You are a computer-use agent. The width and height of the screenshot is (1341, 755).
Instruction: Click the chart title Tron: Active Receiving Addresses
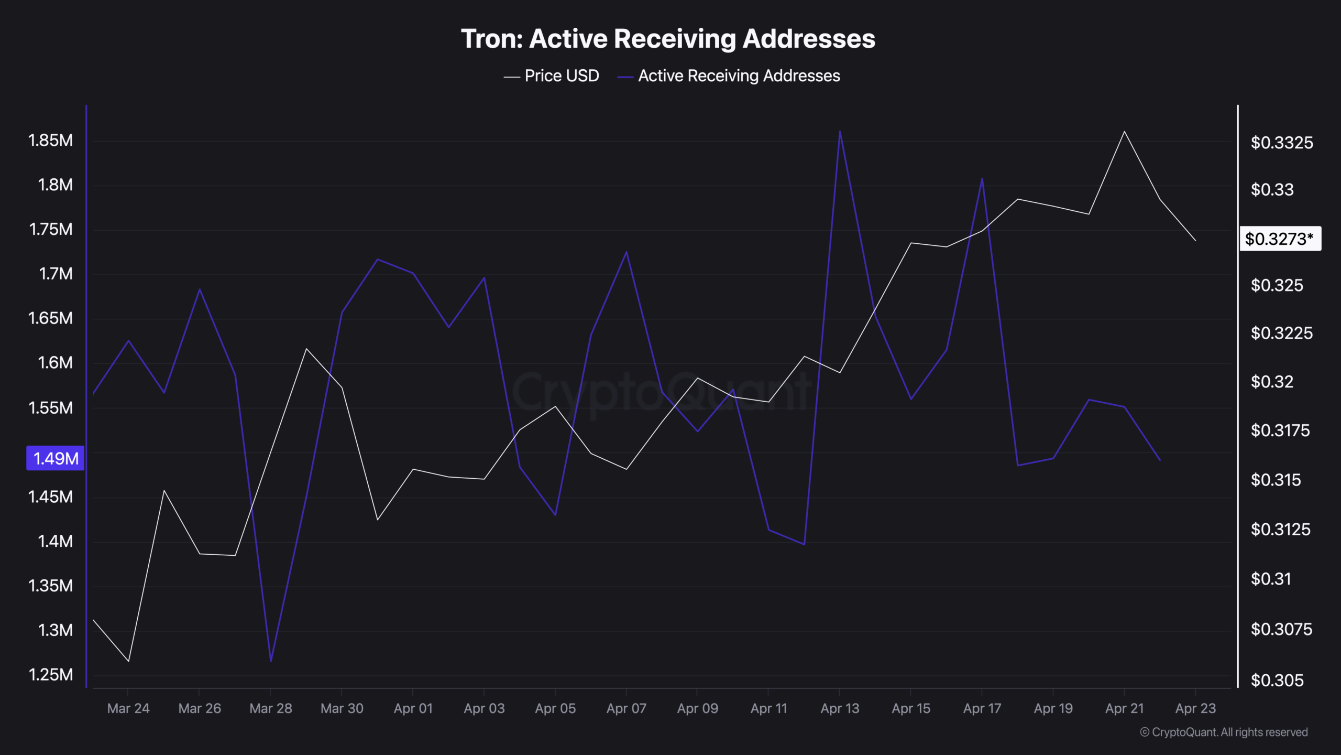[x=668, y=39]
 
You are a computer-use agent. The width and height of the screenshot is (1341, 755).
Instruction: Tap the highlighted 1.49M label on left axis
[x=56, y=458]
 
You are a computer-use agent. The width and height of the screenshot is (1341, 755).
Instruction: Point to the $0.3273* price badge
[x=1279, y=239]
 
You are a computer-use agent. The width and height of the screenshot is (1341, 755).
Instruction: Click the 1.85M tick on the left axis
[x=50, y=141]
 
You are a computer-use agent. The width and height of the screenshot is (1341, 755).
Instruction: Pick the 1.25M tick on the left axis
[x=50, y=674]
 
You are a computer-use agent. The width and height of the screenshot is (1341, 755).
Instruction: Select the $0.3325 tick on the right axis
[x=1281, y=143]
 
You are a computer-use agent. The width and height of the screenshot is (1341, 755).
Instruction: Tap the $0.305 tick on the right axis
[x=1277, y=680]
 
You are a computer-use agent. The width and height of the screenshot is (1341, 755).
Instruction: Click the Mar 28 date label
[x=270, y=708]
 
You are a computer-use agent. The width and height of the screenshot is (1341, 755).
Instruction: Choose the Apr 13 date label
[x=840, y=708]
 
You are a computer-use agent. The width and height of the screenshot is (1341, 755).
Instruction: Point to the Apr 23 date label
[x=1195, y=708]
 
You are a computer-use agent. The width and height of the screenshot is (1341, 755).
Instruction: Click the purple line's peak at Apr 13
[x=840, y=131]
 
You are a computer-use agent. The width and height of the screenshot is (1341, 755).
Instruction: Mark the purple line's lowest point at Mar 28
[x=271, y=661]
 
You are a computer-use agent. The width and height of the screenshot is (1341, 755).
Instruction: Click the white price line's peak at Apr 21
[x=1124, y=132]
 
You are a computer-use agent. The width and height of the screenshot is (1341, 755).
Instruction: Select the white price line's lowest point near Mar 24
[x=128, y=661]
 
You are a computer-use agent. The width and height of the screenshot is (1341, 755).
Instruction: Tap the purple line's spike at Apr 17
[x=982, y=179]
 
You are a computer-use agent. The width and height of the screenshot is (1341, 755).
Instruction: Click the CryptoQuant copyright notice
[x=1224, y=732]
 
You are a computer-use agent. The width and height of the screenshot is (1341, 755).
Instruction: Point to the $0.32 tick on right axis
[x=1272, y=382]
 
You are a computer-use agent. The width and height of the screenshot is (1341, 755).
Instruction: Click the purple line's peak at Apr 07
[x=626, y=252]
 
